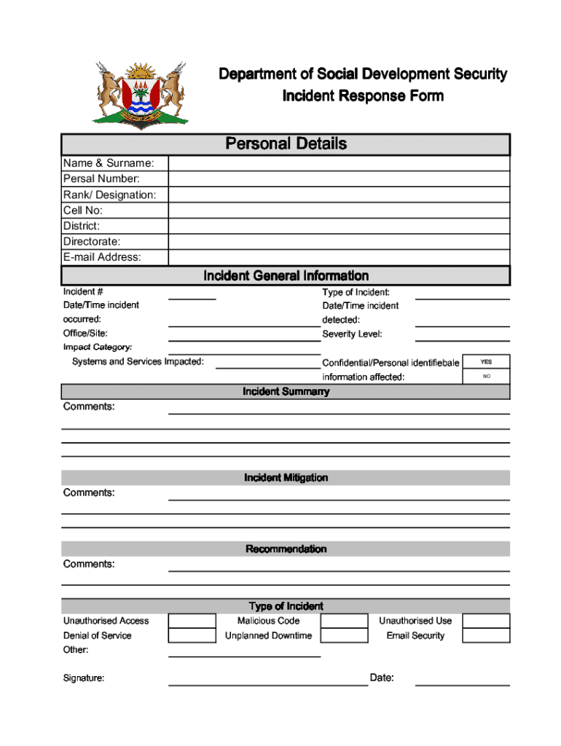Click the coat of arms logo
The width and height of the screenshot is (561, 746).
click(x=140, y=95)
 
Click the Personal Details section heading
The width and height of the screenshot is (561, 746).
click(x=286, y=144)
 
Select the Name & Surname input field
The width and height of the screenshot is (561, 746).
click(x=339, y=163)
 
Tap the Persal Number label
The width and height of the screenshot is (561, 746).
click(x=101, y=179)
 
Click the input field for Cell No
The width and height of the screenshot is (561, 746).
click(x=339, y=211)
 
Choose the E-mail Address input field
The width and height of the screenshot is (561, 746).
click(x=339, y=257)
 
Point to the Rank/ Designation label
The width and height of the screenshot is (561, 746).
click(x=109, y=195)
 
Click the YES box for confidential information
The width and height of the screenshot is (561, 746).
click(x=486, y=362)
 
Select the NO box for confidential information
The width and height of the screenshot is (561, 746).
click(x=486, y=377)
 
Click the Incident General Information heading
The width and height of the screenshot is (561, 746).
click(x=286, y=276)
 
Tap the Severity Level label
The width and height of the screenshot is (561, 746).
click(x=352, y=334)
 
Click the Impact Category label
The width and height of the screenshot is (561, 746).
click(x=98, y=348)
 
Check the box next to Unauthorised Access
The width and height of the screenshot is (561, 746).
click(x=192, y=621)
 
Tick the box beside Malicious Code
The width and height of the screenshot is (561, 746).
click(x=344, y=621)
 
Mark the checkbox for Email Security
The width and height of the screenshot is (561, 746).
click(x=486, y=636)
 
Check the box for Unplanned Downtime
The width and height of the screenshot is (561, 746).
click(x=344, y=636)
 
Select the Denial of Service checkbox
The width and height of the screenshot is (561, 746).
click(x=192, y=636)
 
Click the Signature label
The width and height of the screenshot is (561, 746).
click(x=84, y=678)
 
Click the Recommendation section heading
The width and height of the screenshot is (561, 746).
click(x=286, y=549)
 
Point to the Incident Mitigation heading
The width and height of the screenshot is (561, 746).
click(x=286, y=478)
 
